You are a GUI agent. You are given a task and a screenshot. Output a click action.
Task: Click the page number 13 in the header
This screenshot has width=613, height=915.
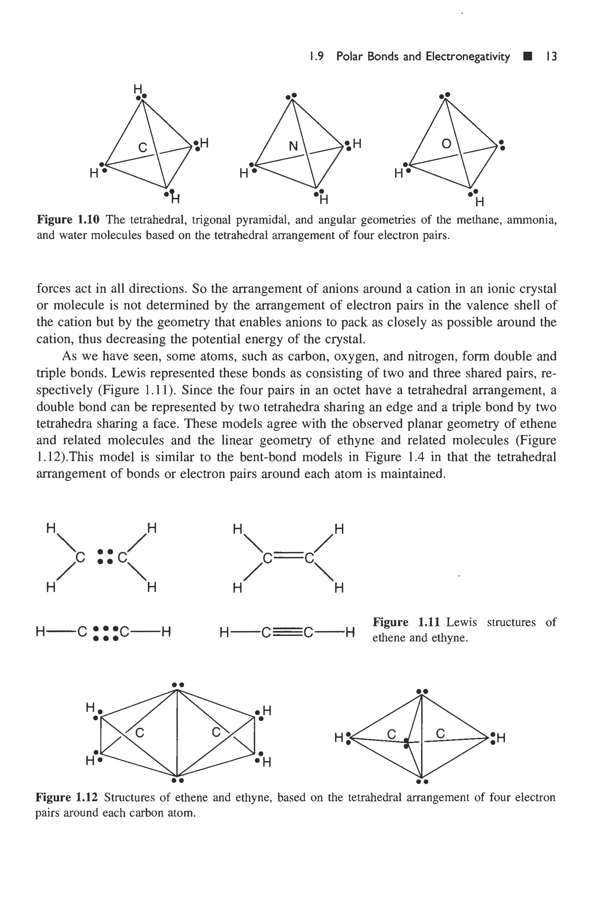552,57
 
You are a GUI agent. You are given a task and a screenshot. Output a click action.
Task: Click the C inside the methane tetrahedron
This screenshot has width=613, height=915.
143,148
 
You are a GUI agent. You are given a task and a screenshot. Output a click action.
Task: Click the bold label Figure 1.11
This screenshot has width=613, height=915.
406,622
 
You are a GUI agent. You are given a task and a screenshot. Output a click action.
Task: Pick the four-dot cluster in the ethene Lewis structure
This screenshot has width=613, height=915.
105,556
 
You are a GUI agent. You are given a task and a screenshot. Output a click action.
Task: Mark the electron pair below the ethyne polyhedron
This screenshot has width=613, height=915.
422,782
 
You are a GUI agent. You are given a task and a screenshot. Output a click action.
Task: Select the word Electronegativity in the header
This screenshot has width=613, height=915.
468,57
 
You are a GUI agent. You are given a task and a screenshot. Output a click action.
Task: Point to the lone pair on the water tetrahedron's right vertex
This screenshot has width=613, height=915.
502,145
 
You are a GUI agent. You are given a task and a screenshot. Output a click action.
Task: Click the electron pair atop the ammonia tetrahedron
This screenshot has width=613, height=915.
292,96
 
